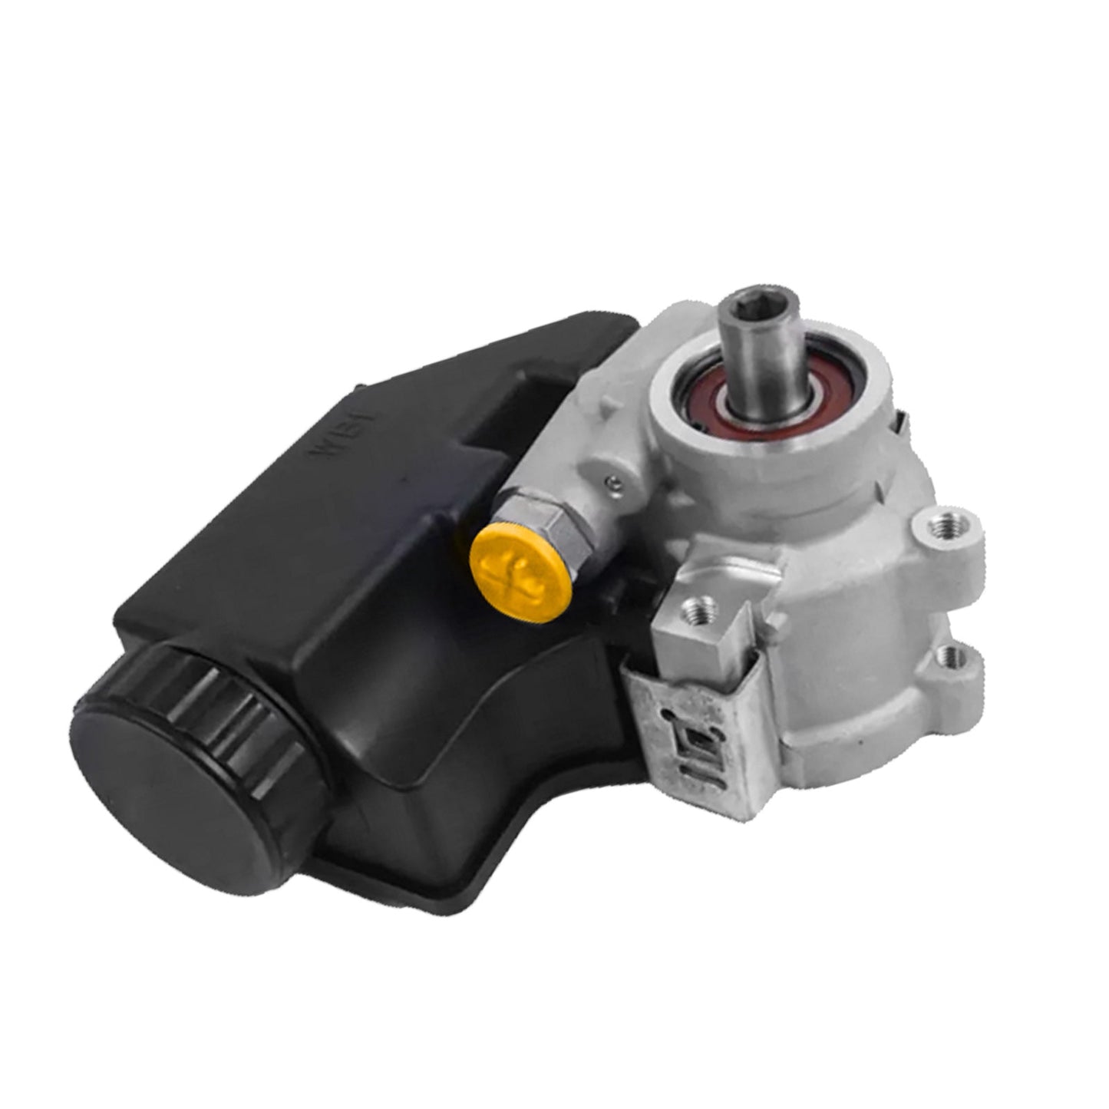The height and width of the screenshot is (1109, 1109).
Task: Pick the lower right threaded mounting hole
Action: coord(956,656)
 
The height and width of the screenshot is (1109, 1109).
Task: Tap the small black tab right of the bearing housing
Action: coord(899,418)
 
